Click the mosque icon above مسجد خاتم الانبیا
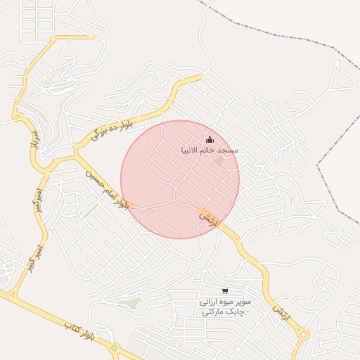[x=210, y=139]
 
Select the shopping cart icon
[x=225, y=291]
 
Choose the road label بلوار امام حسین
[x=107, y=188]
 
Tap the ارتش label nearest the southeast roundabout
[x=281, y=309]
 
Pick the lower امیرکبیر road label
[x=32, y=259]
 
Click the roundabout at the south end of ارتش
[x=303, y=335]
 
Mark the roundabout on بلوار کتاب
[x=114, y=347]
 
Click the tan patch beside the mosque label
[x=219, y=162]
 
